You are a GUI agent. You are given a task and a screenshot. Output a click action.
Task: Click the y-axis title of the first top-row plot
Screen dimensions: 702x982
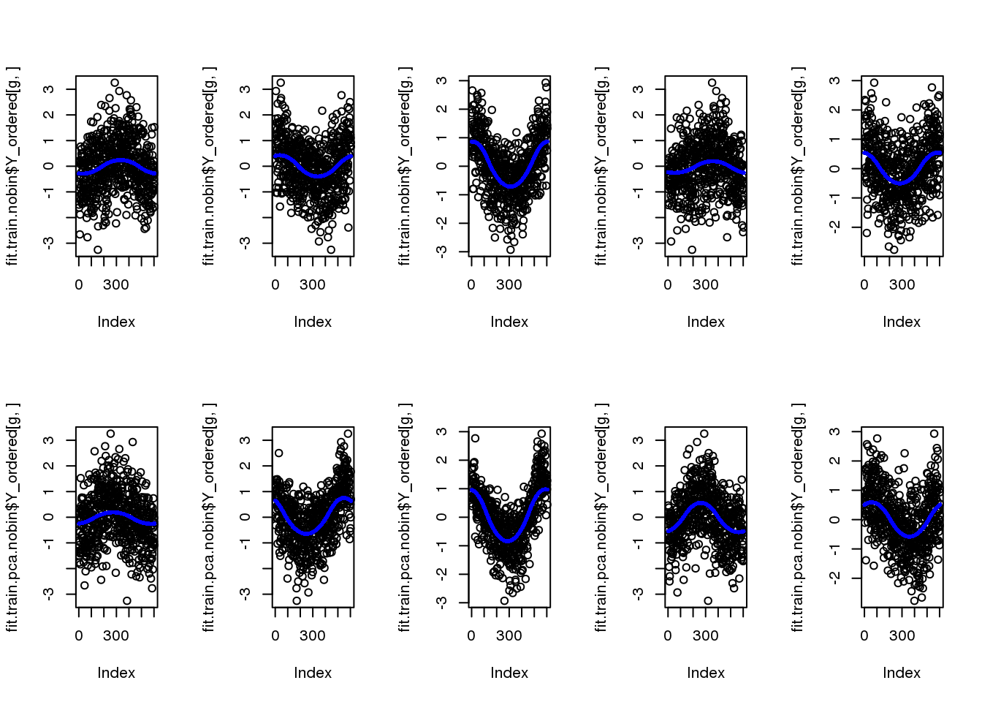(x=12, y=166)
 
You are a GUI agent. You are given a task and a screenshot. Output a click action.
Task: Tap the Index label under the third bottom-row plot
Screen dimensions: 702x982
(x=509, y=673)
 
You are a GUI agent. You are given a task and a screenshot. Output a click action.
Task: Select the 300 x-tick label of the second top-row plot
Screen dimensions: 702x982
(x=313, y=284)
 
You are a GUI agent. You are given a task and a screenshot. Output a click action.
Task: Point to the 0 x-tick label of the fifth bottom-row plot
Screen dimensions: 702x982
(x=864, y=635)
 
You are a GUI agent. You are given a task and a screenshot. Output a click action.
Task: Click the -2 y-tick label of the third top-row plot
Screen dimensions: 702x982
(x=441, y=223)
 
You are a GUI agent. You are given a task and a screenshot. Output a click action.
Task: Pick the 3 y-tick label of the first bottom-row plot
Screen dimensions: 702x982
(x=49, y=440)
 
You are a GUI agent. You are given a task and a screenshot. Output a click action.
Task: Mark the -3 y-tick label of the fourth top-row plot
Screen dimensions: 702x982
(x=638, y=243)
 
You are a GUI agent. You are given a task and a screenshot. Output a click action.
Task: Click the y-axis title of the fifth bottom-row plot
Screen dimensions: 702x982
(x=798, y=517)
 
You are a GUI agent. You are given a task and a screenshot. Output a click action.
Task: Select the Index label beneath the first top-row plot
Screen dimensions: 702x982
(x=116, y=322)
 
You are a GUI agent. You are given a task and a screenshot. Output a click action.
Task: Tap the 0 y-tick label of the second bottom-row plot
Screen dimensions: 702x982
(x=245, y=517)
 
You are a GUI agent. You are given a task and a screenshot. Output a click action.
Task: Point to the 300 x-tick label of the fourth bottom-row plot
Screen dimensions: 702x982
(x=706, y=635)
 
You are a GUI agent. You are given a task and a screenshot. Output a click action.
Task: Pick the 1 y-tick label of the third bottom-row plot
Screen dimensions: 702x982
(x=441, y=488)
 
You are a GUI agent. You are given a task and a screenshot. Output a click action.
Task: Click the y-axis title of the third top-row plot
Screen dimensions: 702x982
(x=405, y=166)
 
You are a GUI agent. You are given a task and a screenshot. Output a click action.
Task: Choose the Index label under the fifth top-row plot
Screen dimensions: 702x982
(x=902, y=322)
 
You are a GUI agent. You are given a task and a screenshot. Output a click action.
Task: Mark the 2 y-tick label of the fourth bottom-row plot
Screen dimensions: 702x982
(x=638, y=466)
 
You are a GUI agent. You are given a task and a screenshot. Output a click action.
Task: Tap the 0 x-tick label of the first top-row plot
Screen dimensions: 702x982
(x=79, y=284)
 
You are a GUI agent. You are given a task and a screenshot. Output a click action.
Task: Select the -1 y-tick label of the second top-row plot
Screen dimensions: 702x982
(x=245, y=192)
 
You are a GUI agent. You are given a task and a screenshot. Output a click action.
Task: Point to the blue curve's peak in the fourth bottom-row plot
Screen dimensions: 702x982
(x=701, y=503)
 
